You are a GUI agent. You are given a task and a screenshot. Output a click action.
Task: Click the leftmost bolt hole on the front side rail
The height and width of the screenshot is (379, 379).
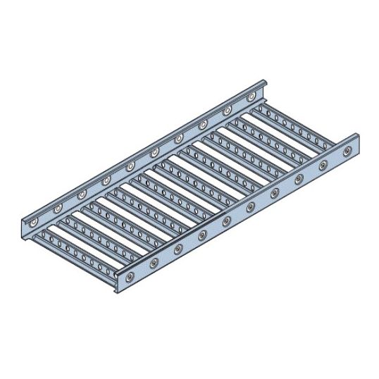(x=130, y=275)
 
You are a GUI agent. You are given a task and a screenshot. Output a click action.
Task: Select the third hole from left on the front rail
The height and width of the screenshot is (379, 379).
(x=178, y=248)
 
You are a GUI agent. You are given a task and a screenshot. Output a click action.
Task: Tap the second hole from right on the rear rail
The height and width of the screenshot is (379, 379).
(x=227, y=110)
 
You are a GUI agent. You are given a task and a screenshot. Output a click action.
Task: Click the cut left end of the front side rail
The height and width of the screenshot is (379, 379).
(x=112, y=285)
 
